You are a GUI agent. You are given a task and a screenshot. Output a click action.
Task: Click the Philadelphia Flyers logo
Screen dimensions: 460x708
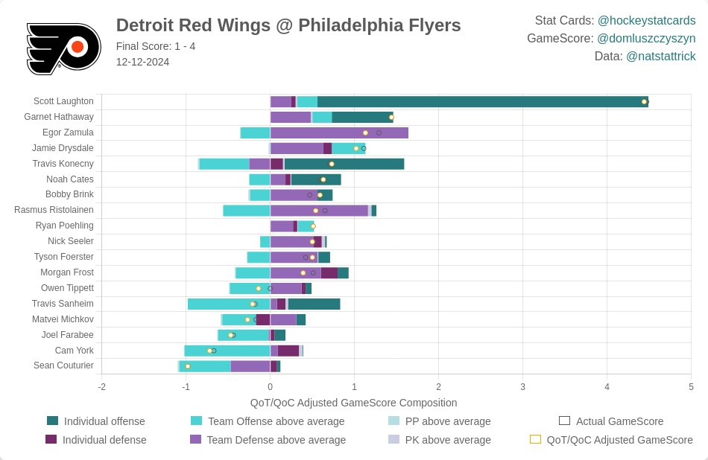[63, 48]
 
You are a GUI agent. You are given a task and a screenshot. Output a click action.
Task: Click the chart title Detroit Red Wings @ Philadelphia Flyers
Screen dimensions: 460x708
[288, 25]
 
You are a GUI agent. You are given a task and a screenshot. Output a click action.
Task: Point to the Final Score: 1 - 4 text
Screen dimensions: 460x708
[156, 46]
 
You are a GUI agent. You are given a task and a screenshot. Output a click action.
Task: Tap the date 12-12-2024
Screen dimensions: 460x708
[142, 62]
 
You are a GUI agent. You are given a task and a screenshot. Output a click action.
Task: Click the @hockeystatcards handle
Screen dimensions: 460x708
[646, 21]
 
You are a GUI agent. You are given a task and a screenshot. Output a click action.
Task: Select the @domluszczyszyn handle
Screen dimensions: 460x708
[646, 39]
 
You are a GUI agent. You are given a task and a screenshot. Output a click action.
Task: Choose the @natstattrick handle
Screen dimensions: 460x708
[660, 57]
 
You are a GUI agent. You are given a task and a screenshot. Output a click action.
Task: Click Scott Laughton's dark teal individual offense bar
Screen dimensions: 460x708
[482, 102]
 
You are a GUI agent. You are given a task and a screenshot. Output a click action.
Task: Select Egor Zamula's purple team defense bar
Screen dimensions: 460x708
[339, 132]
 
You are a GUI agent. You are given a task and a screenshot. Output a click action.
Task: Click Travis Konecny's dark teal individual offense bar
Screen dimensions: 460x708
[344, 164]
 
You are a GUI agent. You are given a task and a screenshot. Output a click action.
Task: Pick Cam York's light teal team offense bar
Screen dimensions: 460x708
[227, 351]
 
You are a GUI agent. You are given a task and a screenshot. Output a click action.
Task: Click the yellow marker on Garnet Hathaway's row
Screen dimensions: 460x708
[391, 118]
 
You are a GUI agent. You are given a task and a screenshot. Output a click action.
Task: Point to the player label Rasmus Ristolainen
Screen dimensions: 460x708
[54, 210]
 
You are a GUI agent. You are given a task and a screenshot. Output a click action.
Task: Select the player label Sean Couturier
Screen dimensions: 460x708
[63, 365]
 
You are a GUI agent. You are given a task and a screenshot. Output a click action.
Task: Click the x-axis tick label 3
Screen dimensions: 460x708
[523, 387]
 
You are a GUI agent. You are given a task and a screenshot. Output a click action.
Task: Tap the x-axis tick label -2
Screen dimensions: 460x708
[101, 387]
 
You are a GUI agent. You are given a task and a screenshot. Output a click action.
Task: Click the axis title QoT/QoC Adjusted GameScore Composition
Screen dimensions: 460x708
[353, 403]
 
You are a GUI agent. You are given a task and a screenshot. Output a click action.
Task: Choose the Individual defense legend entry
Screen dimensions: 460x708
[104, 440]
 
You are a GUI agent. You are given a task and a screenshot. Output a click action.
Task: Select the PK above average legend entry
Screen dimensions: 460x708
[448, 440]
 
